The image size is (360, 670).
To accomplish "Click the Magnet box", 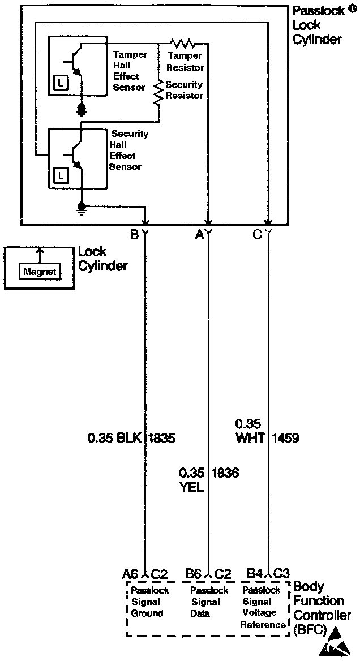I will (x=40, y=272).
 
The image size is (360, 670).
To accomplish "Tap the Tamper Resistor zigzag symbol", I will (x=182, y=43).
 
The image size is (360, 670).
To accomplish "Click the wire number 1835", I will (x=162, y=437).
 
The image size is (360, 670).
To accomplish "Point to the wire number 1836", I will (x=225, y=473).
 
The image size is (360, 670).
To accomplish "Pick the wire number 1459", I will (x=285, y=437).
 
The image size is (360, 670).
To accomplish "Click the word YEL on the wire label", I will (x=191, y=487).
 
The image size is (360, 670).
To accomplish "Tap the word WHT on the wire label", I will (x=249, y=437).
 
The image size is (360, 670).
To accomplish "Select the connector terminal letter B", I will (x=134, y=234).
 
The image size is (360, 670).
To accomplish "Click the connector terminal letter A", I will (x=199, y=234).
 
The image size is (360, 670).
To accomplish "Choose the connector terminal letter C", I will (x=258, y=234).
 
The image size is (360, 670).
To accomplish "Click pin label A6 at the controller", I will (x=131, y=574).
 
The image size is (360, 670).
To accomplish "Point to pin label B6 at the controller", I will (x=194, y=574).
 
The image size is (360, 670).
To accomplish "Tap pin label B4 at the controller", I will (x=254, y=574).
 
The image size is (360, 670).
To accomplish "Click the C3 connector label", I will (x=282, y=574).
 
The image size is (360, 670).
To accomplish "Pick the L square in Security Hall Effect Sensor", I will (x=61, y=176).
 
